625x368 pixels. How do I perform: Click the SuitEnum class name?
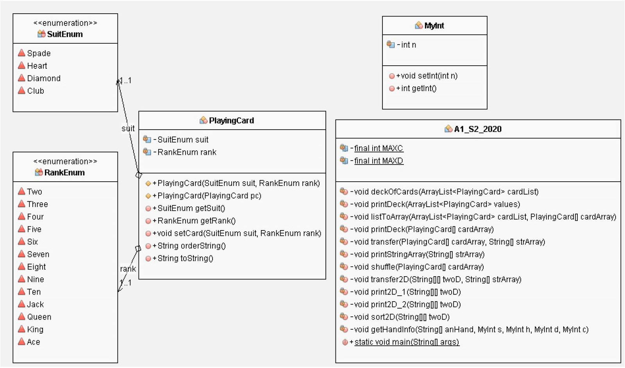tap(64, 34)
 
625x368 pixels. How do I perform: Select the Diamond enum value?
tap(43, 78)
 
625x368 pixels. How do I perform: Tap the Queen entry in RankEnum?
tap(39, 317)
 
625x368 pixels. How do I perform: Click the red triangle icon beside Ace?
tap(21, 342)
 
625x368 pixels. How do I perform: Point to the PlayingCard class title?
tap(231, 120)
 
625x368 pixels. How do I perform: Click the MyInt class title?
tap(434, 25)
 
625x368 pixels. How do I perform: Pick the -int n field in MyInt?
tap(406, 45)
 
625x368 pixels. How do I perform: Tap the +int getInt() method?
tap(416, 88)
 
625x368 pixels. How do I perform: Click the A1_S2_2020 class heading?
tap(477, 129)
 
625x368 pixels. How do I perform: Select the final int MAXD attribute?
tap(378, 161)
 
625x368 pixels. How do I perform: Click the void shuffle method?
tap(417, 267)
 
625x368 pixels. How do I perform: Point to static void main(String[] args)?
tap(406, 342)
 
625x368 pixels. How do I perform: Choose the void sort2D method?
tap(400, 317)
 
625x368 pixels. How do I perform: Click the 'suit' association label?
tap(128, 128)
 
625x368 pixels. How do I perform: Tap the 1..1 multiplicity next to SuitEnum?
tap(125, 80)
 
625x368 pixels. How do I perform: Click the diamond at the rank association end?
tap(138, 248)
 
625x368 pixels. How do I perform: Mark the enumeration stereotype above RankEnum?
tap(65, 161)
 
